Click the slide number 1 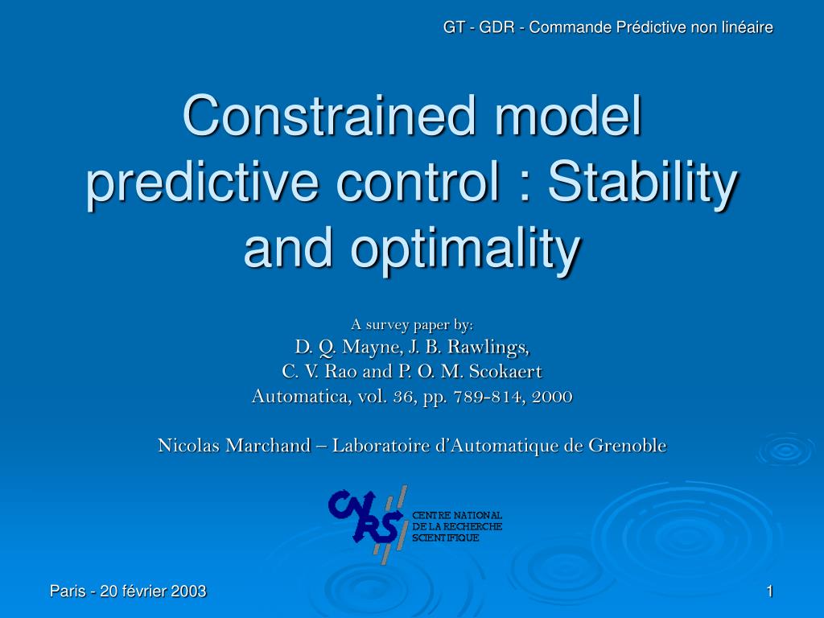tap(769, 591)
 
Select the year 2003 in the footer tap(188, 591)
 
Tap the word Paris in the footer tap(68, 591)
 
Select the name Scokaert tap(507, 372)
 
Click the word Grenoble tap(627, 445)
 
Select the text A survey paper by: tap(412, 325)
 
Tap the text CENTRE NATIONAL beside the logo tap(457, 515)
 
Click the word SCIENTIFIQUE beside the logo tap(446, 538)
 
